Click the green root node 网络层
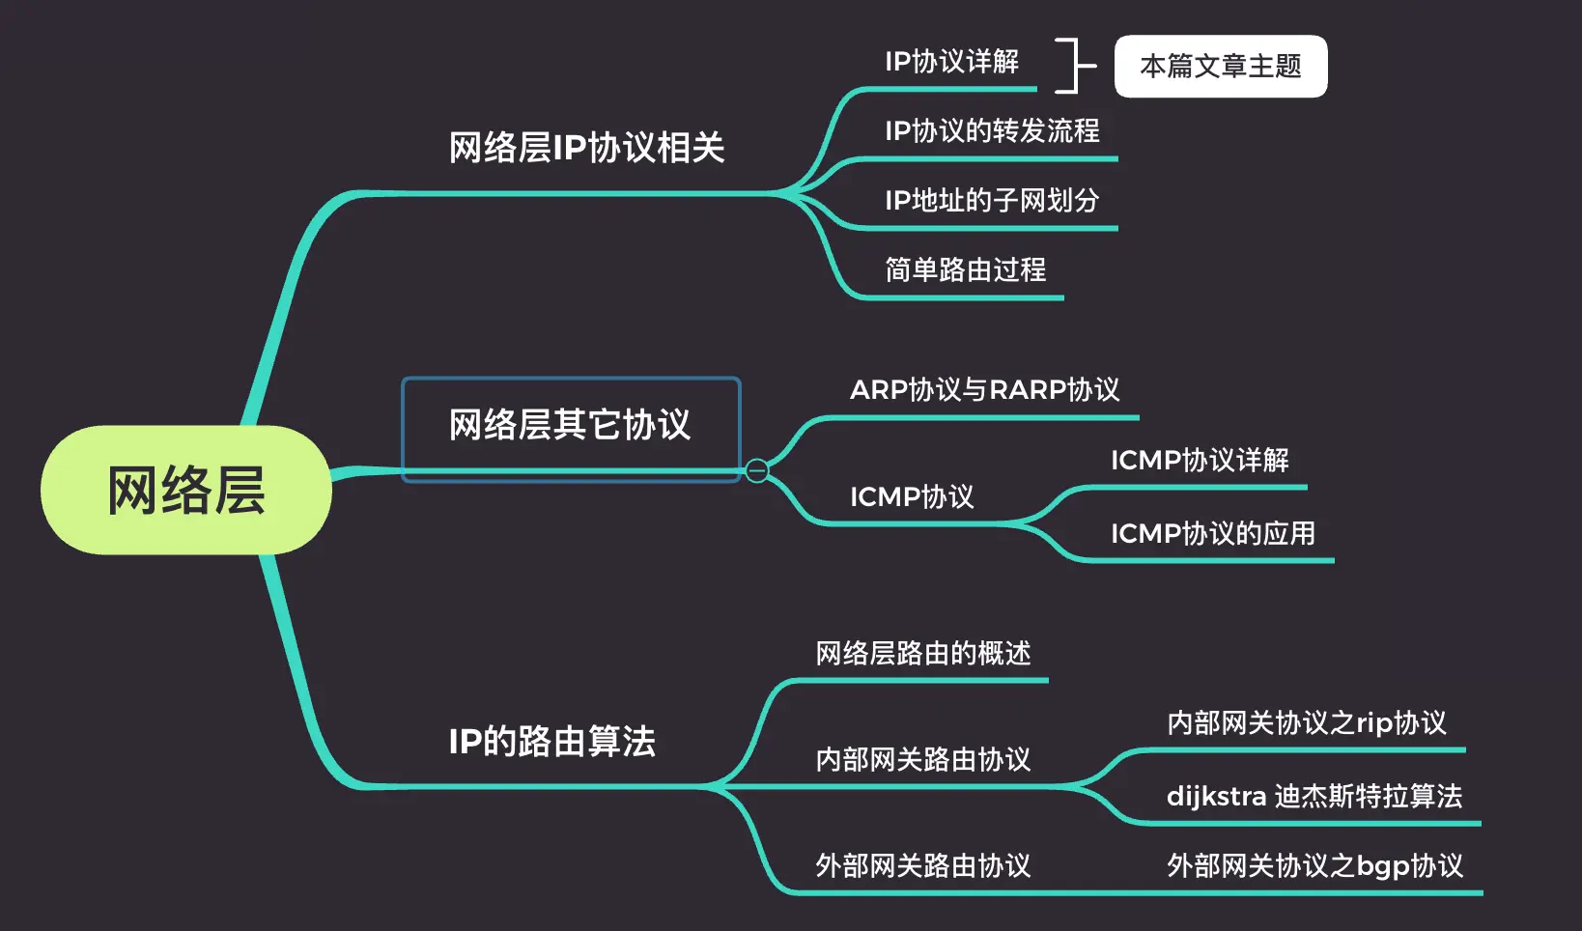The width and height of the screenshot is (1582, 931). pos(186,490)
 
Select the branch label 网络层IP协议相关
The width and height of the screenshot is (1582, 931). pos(586,148)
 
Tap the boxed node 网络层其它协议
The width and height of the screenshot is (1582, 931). pos(571,426)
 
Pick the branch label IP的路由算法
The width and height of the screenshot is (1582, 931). pos(551,742)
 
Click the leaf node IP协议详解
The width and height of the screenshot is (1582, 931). pos(951,62)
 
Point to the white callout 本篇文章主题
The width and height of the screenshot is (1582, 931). pos(1221,67)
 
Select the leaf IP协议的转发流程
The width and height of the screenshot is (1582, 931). pos(992,130)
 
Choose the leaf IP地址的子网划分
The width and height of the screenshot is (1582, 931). pos(992,200)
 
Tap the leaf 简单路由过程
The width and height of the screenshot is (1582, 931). pos(965,269)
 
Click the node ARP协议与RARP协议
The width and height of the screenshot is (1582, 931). pos(984,390)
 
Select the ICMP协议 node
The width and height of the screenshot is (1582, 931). pos(912,496)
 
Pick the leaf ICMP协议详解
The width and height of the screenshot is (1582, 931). pos(1200,460)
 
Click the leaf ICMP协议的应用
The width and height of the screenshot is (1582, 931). pos(1212,533)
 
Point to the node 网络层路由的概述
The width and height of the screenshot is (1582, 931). pos(923,654)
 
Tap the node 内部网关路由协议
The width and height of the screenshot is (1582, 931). pos(923,760)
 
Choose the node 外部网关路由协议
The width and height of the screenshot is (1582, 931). pos(923,865)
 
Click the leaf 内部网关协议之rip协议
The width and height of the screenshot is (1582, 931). pos(1307,723)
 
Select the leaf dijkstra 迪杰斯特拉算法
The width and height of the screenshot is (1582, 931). pos(1314,797)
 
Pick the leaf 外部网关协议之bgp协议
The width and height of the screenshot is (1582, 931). pos(1314,865)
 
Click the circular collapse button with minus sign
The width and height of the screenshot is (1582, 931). pos(757,470)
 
